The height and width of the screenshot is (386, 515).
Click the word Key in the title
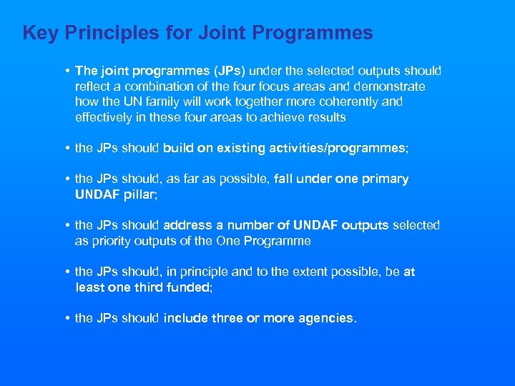click(x=38, y=33)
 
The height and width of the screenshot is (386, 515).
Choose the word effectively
click(x=104, y=117)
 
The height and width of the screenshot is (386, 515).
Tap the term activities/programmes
click(x=335, y=148)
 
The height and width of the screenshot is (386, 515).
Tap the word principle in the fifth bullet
click(x=215, y=272)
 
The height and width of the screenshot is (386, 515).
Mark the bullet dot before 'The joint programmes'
click(x=66, y=71)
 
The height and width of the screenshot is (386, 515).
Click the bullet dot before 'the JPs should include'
click(x=66, y=318)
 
